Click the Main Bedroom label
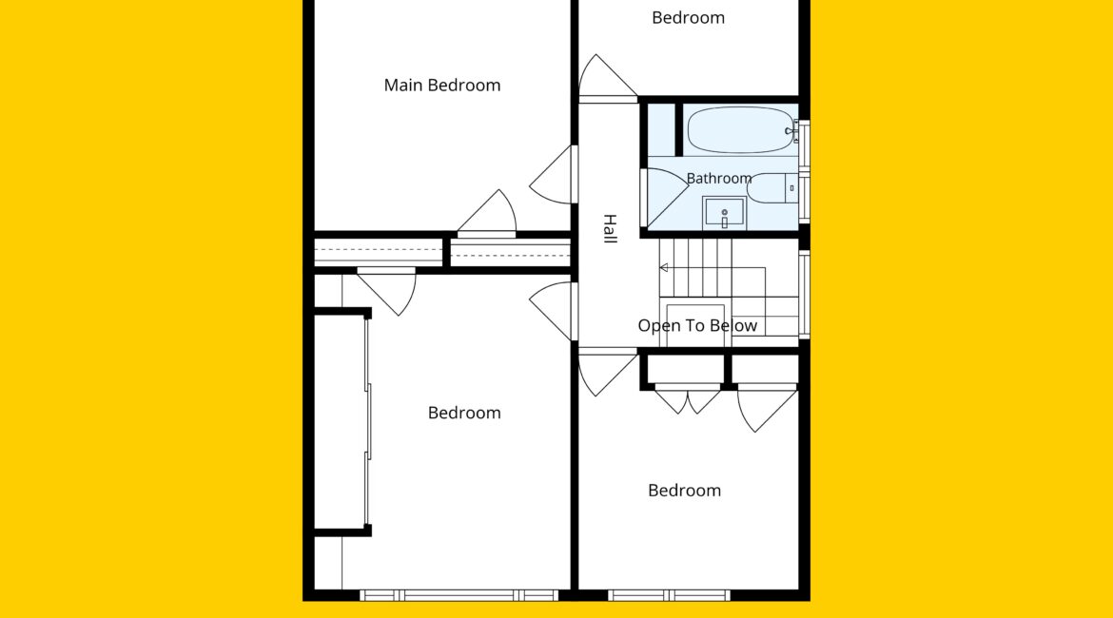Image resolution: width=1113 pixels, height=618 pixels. point(442,86)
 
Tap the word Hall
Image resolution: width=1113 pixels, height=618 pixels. point(610,228)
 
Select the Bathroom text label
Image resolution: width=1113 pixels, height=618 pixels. point(719,178)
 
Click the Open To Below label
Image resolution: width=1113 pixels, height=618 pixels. point(697,326)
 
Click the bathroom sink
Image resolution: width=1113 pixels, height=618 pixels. point(724,213)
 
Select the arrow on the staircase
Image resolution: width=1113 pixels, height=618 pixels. point(664,267)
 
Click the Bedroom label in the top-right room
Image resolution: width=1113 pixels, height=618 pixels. point(689,18)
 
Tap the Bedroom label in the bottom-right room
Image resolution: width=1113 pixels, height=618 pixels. point(684,491)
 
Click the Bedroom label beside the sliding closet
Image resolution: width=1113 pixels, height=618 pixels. point(464,413)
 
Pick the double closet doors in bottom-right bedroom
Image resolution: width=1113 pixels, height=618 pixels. point(687,398)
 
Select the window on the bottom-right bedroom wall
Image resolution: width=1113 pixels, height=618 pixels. point(669,595)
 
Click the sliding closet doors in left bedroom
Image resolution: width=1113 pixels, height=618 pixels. point(368,422)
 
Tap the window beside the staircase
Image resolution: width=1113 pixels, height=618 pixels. point(804,294)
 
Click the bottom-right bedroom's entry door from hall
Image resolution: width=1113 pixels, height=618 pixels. point(608,372)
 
